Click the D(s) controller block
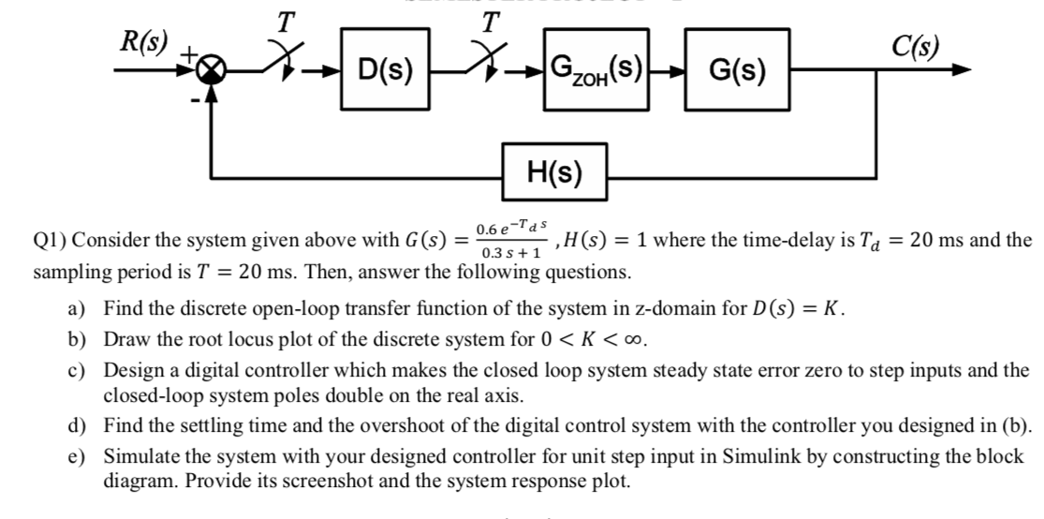click(x=386, y=68)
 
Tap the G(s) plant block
click(x=737, y=68)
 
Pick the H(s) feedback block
click(x=554, y=172)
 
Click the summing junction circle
click(x=214, y=69)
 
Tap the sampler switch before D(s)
click(x=280, y=64)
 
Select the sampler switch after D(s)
click(x=486, y=64)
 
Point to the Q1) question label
click(x=50, y=239)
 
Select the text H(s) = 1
click(x=600, y=238)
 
